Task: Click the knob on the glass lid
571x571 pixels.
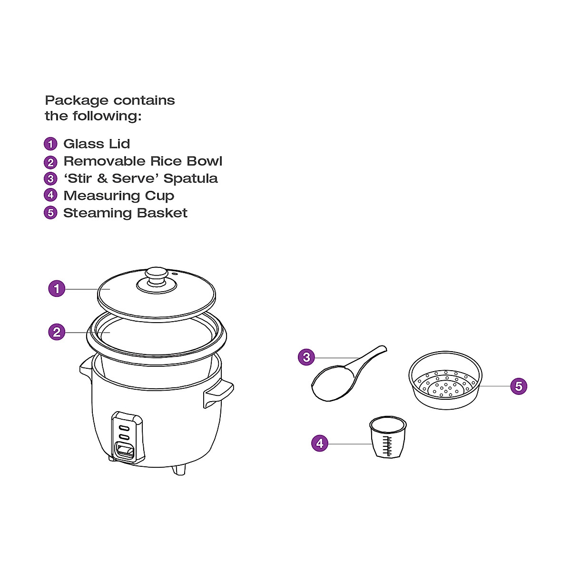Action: (x=157, y=276)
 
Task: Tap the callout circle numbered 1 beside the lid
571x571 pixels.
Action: (x=57, y=288)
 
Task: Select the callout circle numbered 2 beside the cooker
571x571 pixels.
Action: (x=57, y=332)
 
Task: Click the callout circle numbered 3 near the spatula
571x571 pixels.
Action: (x=306, y=357)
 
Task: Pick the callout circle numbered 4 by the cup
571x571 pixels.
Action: (x=320, y=443)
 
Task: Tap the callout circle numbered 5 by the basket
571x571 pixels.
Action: (x=519, y=386)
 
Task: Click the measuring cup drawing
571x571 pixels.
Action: (x=388, y=437)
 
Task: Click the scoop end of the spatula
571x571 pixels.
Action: (x=333, y=383)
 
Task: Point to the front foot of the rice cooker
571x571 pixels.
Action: (x=179, y=470)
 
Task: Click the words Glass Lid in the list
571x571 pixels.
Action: (x=97, y=144)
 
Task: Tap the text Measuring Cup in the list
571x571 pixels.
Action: (x=118, y=196)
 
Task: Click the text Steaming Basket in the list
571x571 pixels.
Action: (x=125, y=213)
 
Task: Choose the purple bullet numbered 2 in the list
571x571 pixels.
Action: (x=50, y=162)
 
